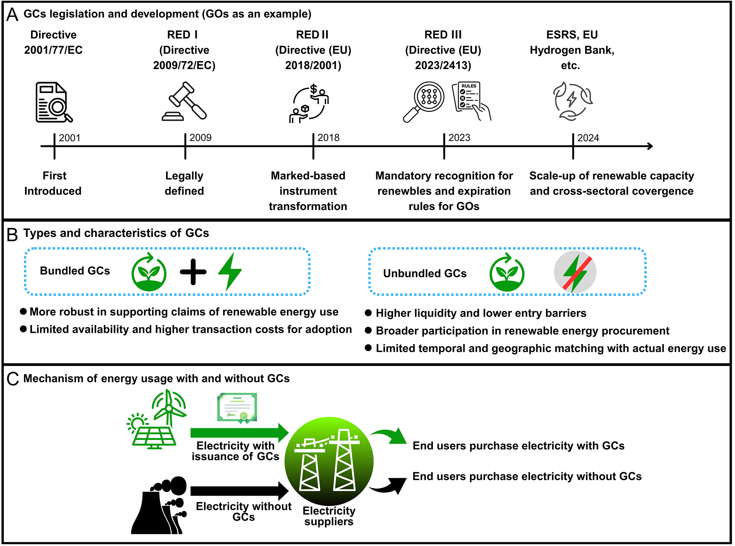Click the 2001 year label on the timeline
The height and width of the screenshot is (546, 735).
coord(69,138)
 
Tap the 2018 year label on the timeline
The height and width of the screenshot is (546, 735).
coord(328,138)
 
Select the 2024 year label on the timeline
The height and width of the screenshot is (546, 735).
coord(588,138)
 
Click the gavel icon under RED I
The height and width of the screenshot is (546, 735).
coord(184,101)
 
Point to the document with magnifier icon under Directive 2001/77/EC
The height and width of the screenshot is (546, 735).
coord(54,102)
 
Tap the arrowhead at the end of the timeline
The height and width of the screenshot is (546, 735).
coord(650,146)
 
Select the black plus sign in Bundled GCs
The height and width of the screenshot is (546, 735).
coord(193,272)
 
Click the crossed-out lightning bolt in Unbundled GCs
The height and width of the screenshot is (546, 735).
coord(575,273)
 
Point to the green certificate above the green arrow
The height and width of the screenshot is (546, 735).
coord(237,408)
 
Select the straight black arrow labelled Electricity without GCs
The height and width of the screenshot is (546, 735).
coord(240,491)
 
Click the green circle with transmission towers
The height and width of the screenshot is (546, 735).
coord(329,461)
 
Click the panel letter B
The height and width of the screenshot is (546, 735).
coord(12,235)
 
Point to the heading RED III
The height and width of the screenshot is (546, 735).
coord(443,35)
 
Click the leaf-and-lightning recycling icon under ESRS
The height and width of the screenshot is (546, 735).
coord(572,101)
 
